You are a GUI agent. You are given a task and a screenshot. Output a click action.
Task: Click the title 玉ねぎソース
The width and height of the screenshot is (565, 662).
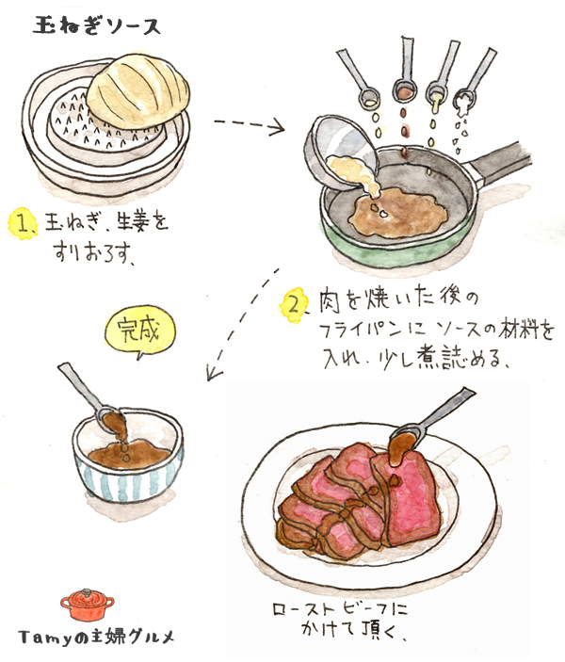(x=96, y=26)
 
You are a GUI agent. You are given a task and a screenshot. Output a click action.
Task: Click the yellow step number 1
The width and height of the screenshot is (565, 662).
(x=22, y=224)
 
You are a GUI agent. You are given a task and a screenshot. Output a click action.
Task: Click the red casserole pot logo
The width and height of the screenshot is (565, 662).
(x=88, y=605)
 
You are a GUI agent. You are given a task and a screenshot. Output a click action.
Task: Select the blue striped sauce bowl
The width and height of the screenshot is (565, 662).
(x=128, y=455)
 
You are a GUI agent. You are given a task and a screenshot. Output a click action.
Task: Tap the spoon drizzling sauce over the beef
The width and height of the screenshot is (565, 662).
(x=430, y=418)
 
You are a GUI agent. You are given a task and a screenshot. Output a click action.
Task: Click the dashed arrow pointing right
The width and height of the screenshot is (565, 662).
(x=250, y=124)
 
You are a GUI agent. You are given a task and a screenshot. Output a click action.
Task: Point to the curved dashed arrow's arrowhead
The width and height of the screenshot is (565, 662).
(x=213, y=374)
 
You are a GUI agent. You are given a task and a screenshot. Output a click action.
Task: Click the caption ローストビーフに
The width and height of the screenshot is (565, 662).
(x=340, y=610)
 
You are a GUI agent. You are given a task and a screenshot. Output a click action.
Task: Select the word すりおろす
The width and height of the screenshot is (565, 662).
(x=94, y=251)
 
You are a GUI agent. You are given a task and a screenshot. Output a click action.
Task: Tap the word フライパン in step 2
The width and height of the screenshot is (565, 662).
(x=361, y=331)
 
